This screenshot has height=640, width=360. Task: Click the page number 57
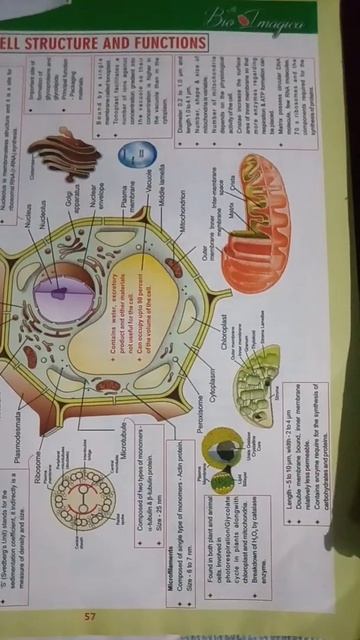pyautogui.click(x=89, y=589)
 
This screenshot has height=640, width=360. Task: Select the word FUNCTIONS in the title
pyautogui.click(x=171, y=43)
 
